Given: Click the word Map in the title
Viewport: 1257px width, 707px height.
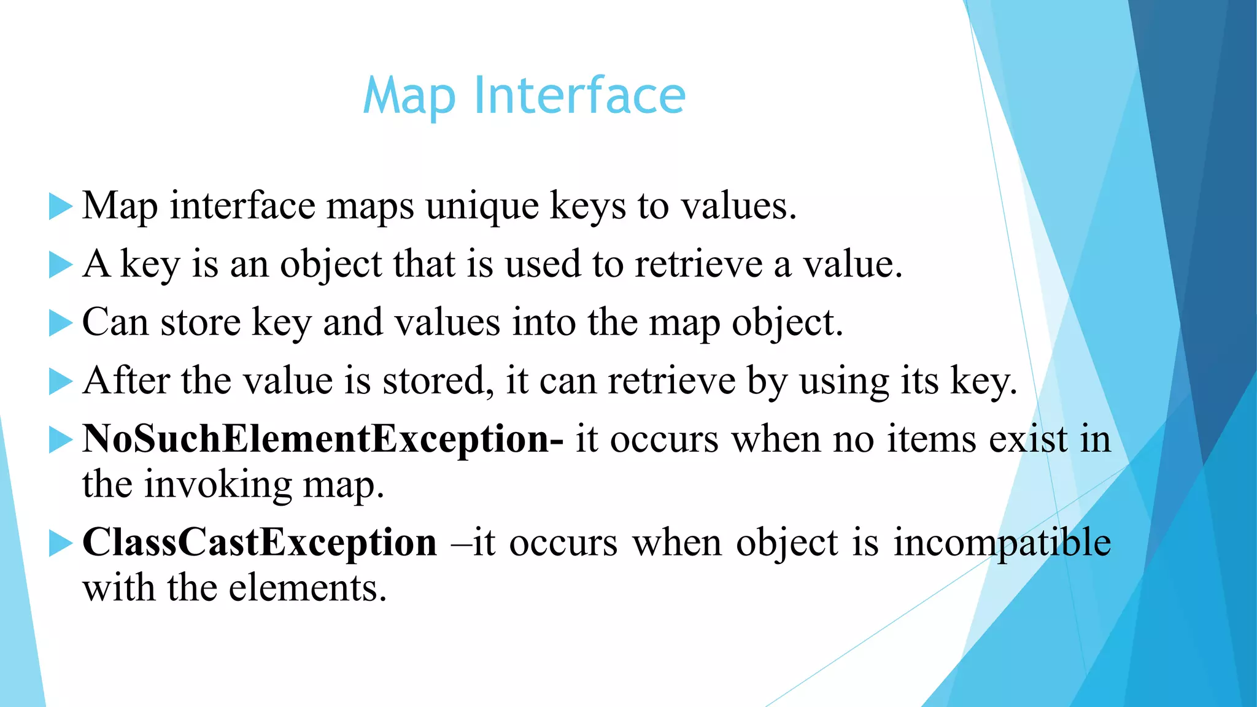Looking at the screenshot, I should point(409,97).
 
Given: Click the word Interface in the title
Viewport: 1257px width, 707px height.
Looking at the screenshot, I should point(579,96).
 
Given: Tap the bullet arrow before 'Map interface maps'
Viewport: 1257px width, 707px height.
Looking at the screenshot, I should point(60,206).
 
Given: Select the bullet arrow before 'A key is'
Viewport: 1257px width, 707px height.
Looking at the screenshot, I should point(60,265).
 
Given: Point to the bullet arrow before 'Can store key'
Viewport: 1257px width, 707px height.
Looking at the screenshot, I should point(60,323).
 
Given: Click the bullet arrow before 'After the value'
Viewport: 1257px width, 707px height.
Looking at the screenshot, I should point(60,382).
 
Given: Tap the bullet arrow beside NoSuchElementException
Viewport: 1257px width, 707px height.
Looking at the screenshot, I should point(60,440).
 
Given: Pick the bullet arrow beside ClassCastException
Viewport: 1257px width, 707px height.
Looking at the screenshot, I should point(60,543).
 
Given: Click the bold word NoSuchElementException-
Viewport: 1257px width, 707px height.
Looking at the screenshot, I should point(323,439).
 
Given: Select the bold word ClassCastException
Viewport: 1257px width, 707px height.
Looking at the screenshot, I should point(260,543).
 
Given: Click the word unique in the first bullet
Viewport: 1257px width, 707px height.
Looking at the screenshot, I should point(482,206).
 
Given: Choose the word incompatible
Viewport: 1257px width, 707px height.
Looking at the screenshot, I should point(1002,543).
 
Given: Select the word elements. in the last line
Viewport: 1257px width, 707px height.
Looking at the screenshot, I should point(307,588).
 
